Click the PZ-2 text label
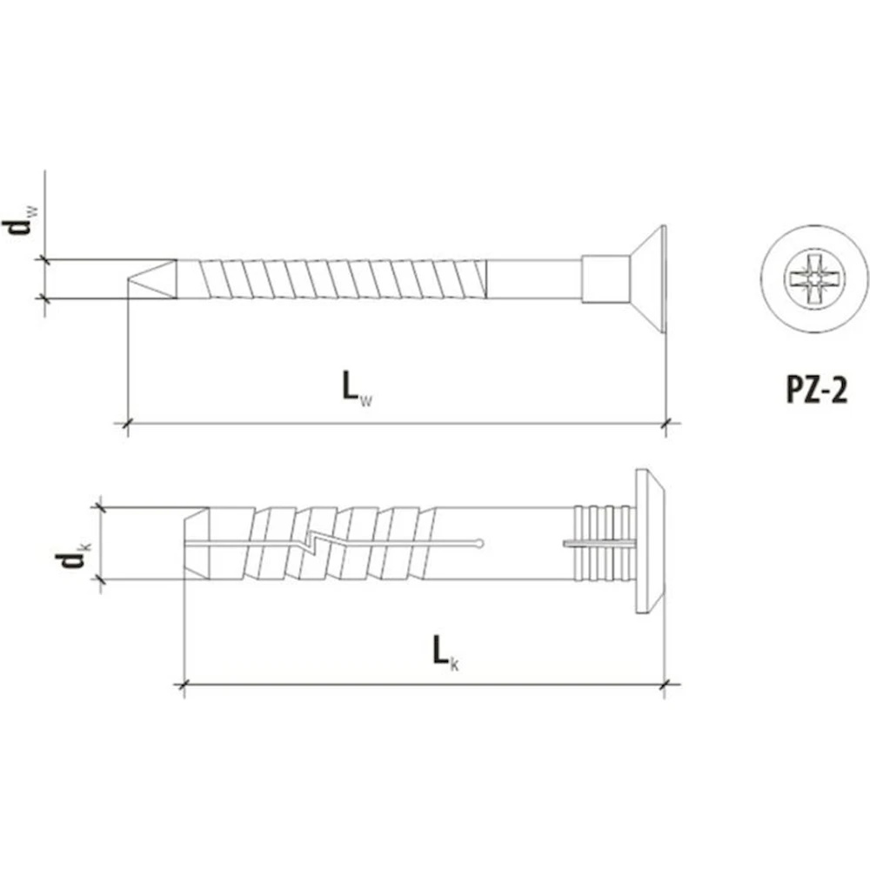click(817, 390)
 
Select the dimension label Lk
click(445, 652)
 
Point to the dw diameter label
click(20, 220)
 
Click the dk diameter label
click(73, 555)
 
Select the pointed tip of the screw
click(152, 279)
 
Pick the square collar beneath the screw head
click(606, 279)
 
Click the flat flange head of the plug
click(650, 543)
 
